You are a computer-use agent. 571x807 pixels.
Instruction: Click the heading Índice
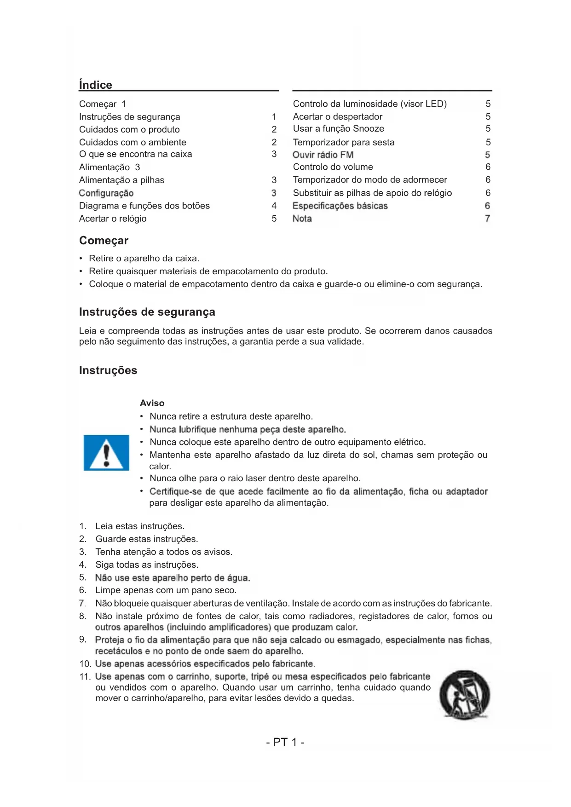[95, 85]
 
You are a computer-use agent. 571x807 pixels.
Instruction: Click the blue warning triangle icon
[106, 453]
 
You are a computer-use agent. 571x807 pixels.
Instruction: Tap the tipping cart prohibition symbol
[464, 695]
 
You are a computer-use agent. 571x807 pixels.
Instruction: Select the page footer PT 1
[285, 742]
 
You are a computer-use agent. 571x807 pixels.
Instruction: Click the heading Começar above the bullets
[104, 241]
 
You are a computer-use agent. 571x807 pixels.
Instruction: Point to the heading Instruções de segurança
[147, 312]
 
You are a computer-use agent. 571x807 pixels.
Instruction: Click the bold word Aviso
[152, 403]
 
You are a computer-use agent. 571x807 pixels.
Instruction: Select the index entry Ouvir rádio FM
[323, 155]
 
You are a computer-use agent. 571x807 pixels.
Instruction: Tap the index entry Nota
[302, 219]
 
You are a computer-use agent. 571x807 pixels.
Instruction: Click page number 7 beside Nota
[487, 219]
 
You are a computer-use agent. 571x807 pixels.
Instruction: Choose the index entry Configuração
[106, 193]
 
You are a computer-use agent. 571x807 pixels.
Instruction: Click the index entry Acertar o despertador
[337, 116]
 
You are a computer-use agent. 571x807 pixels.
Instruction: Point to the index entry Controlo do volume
[333, 167]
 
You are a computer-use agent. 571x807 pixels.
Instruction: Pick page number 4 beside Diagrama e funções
[274, 206]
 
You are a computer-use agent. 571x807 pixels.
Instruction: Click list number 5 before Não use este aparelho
[82, 577]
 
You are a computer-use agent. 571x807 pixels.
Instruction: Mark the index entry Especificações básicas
[340, 206]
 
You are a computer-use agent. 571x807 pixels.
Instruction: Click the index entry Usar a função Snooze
[338, 128]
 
